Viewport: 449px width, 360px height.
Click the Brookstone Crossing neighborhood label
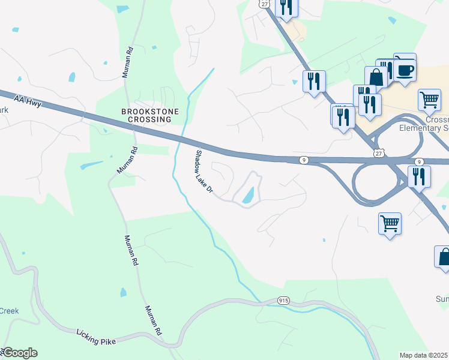(146, 115)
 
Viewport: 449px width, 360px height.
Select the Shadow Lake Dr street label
(202, 171)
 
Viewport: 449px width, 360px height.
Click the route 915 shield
(284, 299)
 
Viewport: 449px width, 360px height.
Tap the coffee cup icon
(405, 69)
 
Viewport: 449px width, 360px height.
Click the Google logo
(19, 353)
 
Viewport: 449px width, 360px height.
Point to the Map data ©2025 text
(424, 355)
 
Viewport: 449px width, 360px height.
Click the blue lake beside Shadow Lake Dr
(248, 194)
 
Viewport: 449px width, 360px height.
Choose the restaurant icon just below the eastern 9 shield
(419, 176)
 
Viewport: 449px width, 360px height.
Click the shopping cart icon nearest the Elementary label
(429, 100)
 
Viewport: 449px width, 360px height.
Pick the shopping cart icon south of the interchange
(390, 224)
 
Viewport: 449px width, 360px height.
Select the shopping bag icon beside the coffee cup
(376, 77)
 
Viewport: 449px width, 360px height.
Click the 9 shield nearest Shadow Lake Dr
(305, 160)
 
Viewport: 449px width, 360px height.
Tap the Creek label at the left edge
(9, 311)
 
